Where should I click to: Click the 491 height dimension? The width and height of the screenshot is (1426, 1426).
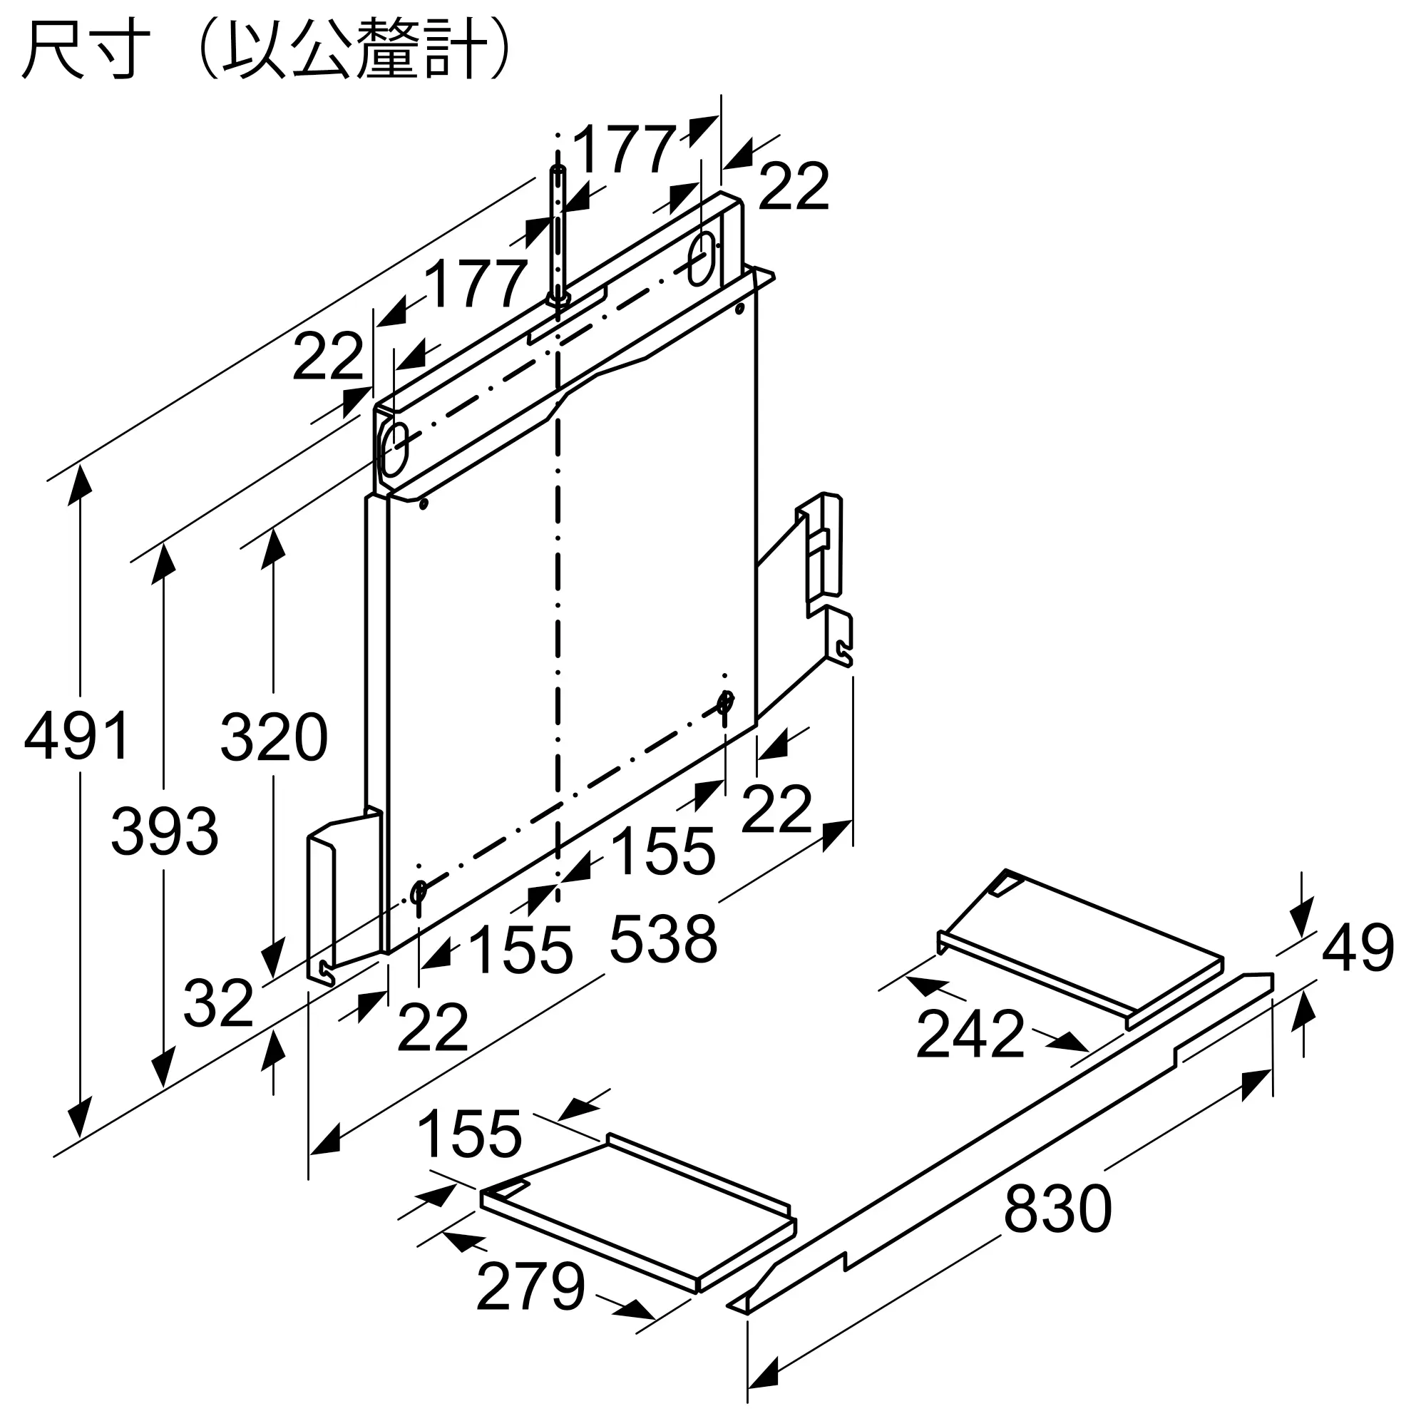tap(77, 735)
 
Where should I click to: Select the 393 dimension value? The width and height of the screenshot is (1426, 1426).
tap(165, 831)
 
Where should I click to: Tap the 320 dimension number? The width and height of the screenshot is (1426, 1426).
tap(274, 737)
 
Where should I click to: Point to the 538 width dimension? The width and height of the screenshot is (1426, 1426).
tap(663, 939)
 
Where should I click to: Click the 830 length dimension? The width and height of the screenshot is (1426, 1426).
tap(1057, 1209)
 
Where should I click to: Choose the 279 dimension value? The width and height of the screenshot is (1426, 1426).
tap(530, 1287)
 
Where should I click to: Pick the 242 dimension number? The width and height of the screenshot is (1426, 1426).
tap(970, 1034)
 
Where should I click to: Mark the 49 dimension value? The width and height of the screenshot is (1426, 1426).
tap(1358, 947)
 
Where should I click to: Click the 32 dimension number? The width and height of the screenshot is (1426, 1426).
tap(218, 1004)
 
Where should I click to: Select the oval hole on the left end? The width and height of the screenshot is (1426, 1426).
tap(394, 449)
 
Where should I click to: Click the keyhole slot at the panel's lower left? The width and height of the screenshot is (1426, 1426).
tap(419, 894)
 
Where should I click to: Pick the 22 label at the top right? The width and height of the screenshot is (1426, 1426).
tap(794, 186)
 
